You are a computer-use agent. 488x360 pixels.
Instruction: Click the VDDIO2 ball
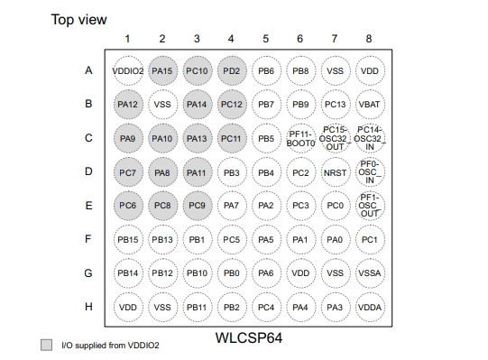click(128, 70)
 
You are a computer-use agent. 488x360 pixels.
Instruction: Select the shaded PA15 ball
click(162, 70)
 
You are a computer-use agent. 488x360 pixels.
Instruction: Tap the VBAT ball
click(369, 104)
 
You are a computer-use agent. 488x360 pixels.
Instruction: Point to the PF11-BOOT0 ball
click(300, 138)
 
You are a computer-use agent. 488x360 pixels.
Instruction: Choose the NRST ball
click(335, 171)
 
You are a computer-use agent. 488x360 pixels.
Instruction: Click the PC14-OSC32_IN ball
click(369, 138)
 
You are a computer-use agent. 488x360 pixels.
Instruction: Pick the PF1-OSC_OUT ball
click(369, 205)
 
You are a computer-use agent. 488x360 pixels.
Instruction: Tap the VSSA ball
click(369, 272)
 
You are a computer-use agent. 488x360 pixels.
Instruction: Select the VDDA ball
click(369, 306)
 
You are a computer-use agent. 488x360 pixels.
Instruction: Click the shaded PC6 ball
click(128, 205)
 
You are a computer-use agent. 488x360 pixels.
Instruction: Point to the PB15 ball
click(128, 239)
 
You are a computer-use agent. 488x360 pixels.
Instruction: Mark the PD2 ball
click(231, 70)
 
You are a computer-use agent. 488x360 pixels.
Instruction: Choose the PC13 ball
click(335, 104)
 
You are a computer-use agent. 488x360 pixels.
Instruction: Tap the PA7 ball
click(231, 205)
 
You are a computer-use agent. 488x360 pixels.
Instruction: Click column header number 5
click(265, 39)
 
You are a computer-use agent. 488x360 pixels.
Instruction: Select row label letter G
click(88, 272)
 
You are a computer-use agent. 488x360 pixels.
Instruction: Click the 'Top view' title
click(79, 19)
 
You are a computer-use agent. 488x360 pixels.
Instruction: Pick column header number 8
click(369, 39)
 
